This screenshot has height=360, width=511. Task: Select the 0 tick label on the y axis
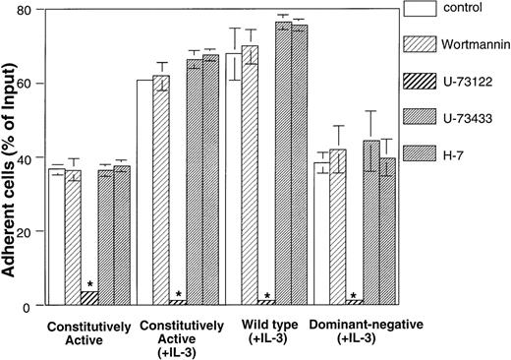pos(35,307)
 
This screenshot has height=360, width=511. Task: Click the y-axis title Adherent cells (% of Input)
pos(11,157)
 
